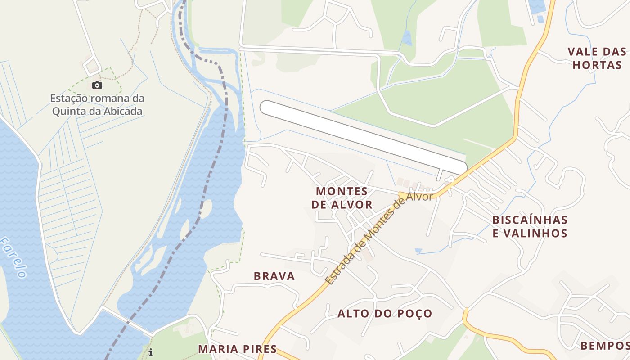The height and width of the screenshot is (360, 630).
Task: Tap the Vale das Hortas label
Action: point(597,58)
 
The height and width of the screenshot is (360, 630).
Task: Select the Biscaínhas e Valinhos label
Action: point(530,226)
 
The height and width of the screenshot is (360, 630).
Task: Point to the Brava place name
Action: point(274,276)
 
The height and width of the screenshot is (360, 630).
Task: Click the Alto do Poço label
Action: point(385,314)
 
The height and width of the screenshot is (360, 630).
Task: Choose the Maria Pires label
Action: point(237,349)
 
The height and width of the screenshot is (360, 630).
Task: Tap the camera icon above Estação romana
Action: point(97,85)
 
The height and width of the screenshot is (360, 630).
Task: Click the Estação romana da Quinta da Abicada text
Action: point(97,104)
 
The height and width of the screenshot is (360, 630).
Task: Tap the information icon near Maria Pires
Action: point(151,353)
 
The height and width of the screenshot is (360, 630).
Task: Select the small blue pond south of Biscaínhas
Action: point(418,250)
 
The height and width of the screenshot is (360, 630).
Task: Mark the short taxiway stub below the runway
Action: point(440,175)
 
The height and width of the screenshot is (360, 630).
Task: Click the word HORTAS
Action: point(597,65)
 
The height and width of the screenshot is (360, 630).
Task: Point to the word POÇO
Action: point(413,314)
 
